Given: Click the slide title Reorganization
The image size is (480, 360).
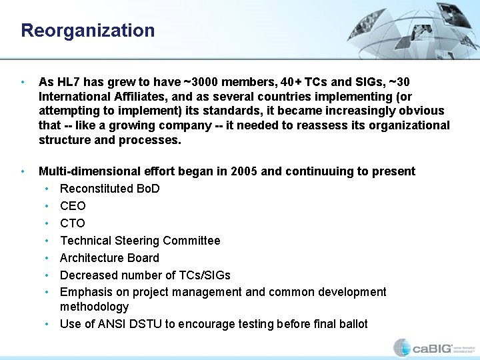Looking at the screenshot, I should click(x=87, y=31).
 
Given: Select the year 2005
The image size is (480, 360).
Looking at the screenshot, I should click(x=244, y=171).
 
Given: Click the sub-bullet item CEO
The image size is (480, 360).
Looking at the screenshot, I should click(x=73, y=206).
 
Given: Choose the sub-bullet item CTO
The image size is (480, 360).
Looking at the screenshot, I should click(x=73, y=223).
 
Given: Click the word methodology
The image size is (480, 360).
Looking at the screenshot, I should click(x=94, y=307).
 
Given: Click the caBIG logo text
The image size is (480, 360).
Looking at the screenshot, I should click(x=432, y=347).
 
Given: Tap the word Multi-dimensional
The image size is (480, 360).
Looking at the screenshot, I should click(x=85, y=171).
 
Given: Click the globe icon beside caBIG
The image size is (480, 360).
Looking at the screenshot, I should click(x=401, y=347).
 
